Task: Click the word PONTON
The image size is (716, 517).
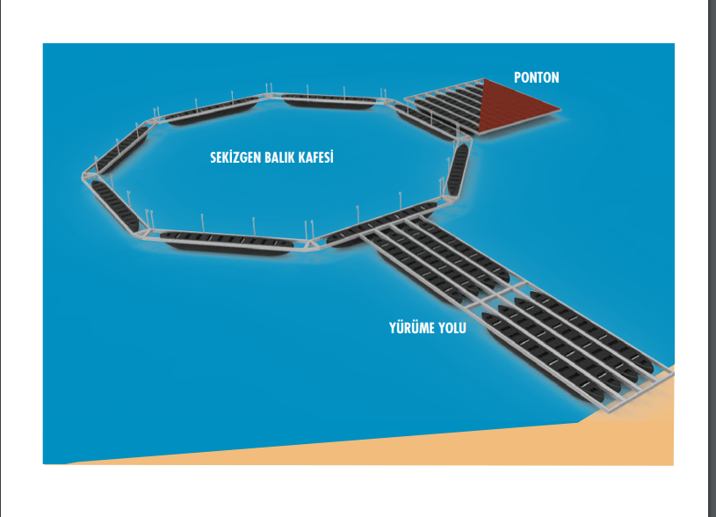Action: point(537,77)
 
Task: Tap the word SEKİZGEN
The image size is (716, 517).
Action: point(235,157)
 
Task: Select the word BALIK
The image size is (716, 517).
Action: point(280,157)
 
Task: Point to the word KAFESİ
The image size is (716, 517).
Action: point(316,157)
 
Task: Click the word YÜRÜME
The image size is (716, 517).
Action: point(412,327)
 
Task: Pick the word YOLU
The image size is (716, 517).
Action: point(452,328)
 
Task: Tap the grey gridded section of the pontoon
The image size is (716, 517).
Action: point(443,106)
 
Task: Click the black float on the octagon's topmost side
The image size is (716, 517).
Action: point(329,101)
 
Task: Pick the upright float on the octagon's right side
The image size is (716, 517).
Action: point(458,169)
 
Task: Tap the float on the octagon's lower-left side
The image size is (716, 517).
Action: point(114,206)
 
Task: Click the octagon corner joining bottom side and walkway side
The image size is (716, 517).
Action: point(313,244)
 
